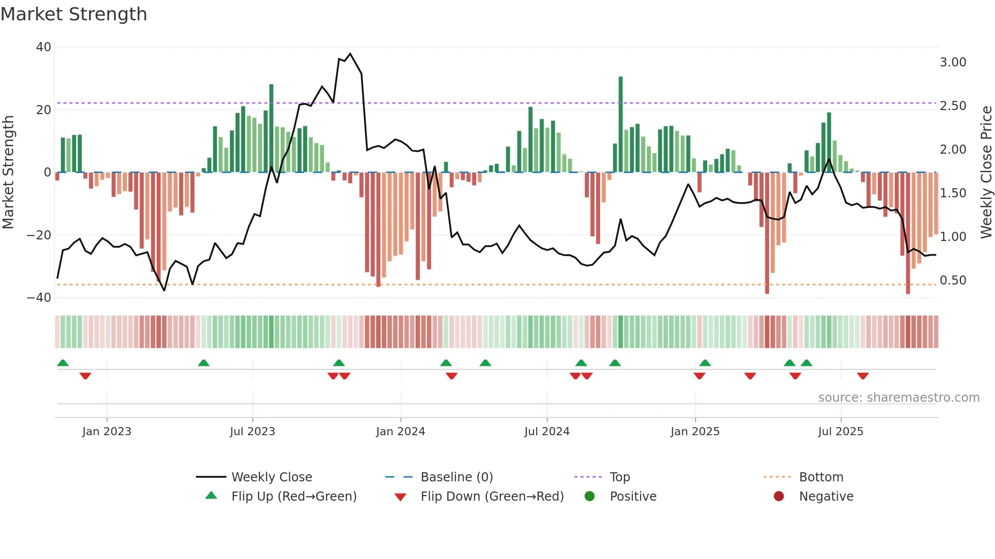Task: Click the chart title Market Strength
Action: point(74,14)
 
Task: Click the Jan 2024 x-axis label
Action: point(400,432)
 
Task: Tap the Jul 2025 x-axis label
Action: point(840,432)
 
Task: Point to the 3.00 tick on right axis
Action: point(952,62)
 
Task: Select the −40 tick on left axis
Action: point(39,298)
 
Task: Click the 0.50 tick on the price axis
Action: point(952,281)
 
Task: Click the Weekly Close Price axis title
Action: point(986,172)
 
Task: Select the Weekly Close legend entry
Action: point(271,477)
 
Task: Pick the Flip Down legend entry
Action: point(491,497)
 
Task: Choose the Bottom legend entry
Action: point(820,477)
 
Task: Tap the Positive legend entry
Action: point(633,497)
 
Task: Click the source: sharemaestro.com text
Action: point(899,398)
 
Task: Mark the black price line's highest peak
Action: point(350,54)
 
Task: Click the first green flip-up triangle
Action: point(63,363)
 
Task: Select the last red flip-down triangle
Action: point(863,376)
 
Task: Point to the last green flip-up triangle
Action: point(806,363)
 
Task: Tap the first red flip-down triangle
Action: point(85,376)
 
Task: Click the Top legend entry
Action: point(619,477)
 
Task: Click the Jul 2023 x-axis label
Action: point(252,432)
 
